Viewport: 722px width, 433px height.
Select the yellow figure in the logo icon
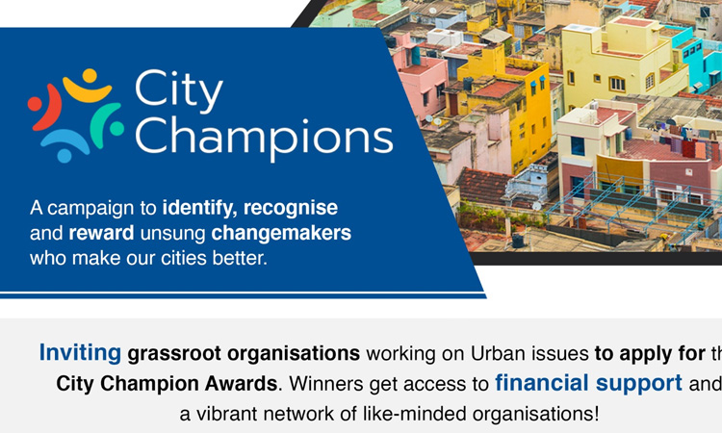coord(87,86)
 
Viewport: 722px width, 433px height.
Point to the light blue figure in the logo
coord(64,145)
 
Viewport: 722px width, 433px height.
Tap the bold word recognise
coord(291,208)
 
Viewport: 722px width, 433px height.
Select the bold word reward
coord(101,233)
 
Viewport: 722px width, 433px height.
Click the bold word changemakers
coord(281,233)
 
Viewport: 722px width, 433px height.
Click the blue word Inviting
coord(80,353)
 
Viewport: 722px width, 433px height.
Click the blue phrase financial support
coord(588,383)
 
